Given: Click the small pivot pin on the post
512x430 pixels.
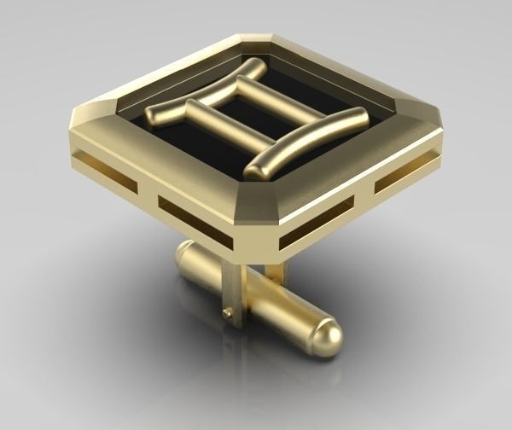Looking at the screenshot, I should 227,314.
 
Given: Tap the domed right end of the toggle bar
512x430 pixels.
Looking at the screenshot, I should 326,339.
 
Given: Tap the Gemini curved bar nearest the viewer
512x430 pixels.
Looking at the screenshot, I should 307,142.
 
